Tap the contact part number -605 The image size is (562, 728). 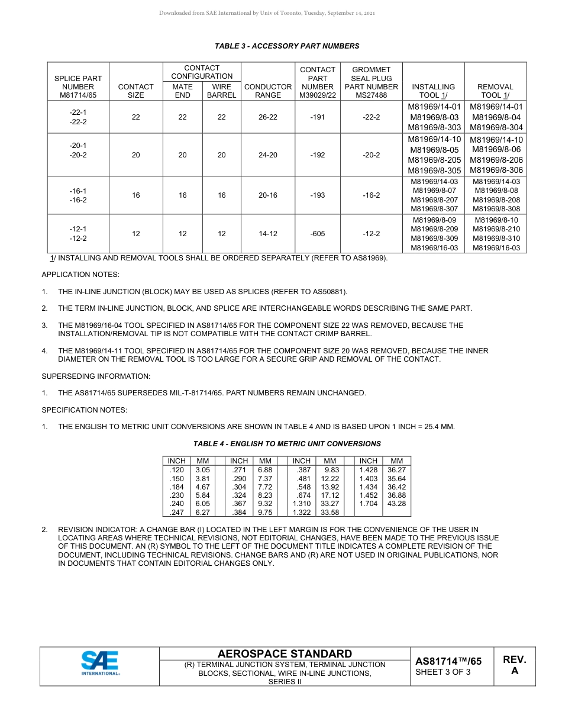tap(318, 234)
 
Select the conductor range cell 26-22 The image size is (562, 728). tap(268, 117)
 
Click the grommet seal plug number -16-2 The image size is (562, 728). tap(371, 195)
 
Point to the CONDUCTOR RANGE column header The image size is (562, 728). tap(268, 91)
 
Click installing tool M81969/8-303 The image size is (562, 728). tap(435, 128)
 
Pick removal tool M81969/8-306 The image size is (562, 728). tap(496, 170)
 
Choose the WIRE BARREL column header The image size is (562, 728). tap(221, 91)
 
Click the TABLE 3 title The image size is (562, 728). tap(287, 46)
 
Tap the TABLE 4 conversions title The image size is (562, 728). tap(287, 444)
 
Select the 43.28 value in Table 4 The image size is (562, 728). tap(396, 504)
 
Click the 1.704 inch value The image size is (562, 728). tap(368, 504)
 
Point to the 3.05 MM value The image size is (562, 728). tap(203, 469)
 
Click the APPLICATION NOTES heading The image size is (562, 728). tap(80, 275)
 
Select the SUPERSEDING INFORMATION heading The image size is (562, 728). tap(96, 376)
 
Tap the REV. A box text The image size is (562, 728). tap(514, 665)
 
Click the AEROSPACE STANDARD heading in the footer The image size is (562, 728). tap(285, 654)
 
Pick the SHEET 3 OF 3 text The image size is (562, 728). tap(443, 672)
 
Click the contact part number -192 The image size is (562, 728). tap(318, 155)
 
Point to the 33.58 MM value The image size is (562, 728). tap(330, 513)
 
